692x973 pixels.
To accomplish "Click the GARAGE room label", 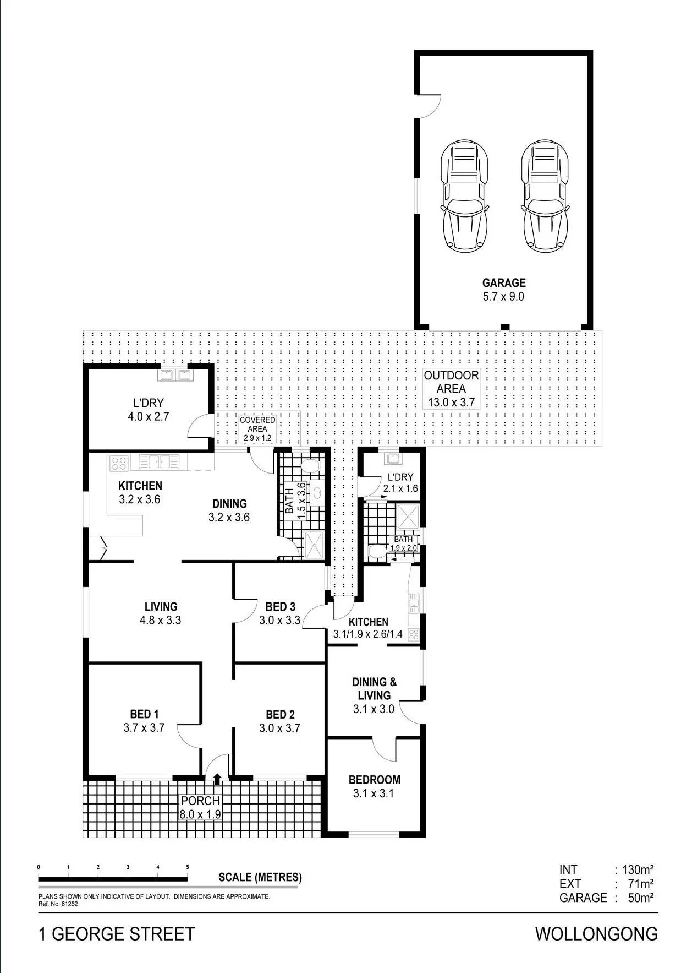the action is click(504, 283).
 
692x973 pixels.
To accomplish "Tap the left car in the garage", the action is click(464, 196).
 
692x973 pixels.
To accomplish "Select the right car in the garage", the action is click(545, 196).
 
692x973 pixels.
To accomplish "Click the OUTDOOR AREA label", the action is click(451, 382).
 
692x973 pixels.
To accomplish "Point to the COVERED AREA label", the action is click(257, 425).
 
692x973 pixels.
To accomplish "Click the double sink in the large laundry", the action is click(174, 376).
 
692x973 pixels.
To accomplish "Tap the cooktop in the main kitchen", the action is click(119, 463).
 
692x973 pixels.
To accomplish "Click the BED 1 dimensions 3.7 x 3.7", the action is click(144, 728).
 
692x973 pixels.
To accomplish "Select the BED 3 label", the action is click(280, 607).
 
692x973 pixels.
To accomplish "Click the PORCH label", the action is click(200, 801).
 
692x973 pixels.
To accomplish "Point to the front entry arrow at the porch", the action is click(218, 779).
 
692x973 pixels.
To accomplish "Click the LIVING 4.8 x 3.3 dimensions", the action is click(160, 620).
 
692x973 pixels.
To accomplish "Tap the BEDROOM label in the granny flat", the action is click(374, 780).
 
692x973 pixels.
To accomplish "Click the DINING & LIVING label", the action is click(374, 689).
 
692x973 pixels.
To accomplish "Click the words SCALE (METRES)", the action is click(260, 877).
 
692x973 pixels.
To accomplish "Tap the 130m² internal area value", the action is click(638, 870).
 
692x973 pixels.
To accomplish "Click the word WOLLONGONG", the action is click(596, 934).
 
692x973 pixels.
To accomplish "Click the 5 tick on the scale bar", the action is click(188, 867).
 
